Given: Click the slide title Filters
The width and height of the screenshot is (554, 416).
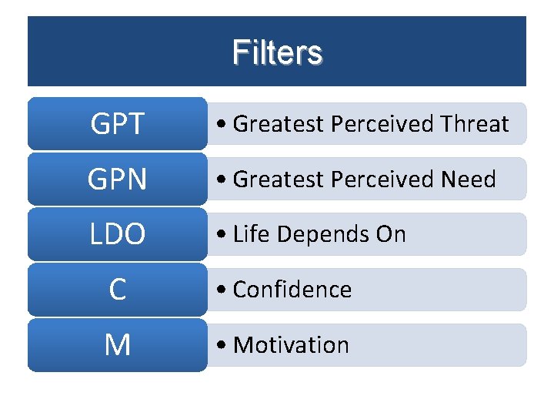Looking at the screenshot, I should pos(277,53).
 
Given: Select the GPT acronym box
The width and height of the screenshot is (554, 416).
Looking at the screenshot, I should pos(117,123).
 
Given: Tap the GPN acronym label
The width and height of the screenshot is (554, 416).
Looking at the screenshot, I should pos(117,179).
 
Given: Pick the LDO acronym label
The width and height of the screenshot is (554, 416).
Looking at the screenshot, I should pos(117,234).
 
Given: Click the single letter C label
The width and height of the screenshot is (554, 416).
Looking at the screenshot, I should pos(117,290).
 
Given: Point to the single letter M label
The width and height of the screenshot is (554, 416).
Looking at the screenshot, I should pos(117,345).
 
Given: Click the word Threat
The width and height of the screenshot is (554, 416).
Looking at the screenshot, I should pos(476,123).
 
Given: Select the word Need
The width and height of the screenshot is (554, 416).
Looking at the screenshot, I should pos(469,179).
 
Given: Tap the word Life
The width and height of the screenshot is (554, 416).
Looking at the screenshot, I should pos(249,234).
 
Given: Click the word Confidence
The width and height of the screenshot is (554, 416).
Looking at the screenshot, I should pos(292,290).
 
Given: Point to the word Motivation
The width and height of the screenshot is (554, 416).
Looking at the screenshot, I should pos(291,345).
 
